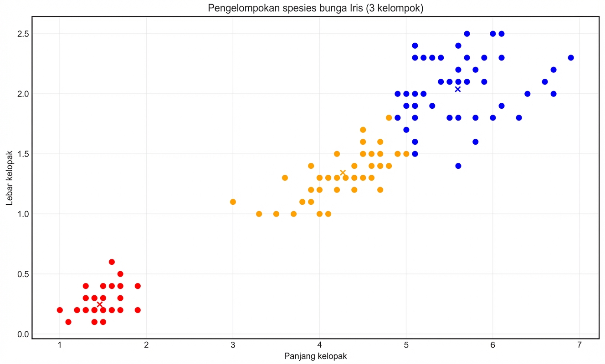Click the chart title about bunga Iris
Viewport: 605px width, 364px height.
coord(315,8)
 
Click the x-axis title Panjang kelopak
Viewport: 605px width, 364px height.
coord(315,356)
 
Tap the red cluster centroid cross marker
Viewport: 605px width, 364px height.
coord(99,304)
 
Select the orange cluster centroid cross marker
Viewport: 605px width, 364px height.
coord(343,173)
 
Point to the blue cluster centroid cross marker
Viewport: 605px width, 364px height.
coord(458,89)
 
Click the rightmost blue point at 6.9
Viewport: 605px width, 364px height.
coord(571,58)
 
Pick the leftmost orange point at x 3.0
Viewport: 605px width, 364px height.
coord(233,202)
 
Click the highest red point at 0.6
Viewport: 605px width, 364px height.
coord(112,262)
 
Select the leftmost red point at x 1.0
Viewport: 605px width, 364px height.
coord(60,310)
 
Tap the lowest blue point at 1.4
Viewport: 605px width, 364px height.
coord(458,166)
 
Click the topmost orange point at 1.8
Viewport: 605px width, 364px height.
coord(389,118)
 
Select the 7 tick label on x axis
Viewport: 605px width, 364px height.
coord(579,345)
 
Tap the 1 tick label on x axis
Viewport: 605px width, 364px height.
coord(60,345)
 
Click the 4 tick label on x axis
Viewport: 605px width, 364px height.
coord(319,345)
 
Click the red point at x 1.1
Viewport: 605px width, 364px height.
coord(68,322)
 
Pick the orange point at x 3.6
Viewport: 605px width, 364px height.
coord(285,178)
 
